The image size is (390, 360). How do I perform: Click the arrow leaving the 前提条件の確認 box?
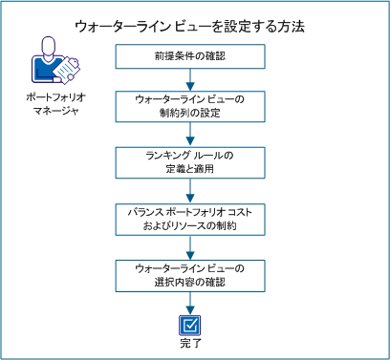(195, 81)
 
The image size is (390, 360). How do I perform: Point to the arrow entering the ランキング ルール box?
(195, 137)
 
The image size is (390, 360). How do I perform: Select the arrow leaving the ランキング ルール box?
(195, 191)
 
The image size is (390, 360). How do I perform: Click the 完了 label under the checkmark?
(195, 341)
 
